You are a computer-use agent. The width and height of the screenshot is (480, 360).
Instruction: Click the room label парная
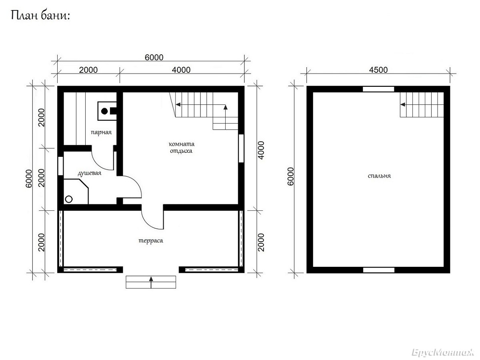[x=101, y=132]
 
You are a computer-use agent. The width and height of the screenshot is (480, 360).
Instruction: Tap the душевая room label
[x=90, y=173]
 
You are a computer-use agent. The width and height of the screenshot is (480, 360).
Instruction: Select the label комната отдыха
[x=181, y=148]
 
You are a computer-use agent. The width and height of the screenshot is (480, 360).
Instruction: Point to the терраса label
[x=151, y=241]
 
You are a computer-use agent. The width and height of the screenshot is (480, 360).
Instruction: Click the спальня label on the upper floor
[x=379, y=176]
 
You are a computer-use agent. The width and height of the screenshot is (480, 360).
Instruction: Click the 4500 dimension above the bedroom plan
[x=378, y=70]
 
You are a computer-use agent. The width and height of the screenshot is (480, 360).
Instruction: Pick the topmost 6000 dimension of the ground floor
[x=154, y=58]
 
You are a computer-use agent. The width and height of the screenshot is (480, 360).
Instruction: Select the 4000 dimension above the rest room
[x=181, y=70]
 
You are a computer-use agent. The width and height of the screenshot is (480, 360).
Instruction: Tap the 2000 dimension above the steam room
[x=88, y=70]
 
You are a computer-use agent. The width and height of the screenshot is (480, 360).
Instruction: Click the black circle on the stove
[x=104, y=111]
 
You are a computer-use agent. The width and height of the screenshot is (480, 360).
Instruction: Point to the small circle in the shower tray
[x=69, y=199]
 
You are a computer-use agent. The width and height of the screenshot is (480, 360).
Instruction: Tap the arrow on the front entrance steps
[x=151, y=282]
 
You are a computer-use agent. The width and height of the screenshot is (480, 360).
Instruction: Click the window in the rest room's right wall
[x=241, y=148]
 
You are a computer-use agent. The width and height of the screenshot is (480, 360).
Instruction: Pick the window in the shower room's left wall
[x=60, y=166]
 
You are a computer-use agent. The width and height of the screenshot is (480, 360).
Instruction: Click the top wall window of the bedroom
[x=378, y=89]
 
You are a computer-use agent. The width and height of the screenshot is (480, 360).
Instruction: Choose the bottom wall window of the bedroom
[x=379, y=270]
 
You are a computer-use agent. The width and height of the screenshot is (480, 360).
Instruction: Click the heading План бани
[x=40, y=16]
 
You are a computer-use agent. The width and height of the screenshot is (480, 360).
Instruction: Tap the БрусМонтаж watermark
[x=443, y=352]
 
